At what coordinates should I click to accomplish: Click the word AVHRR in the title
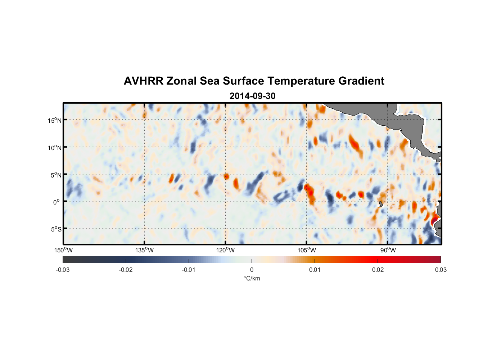click(x=143, y=81)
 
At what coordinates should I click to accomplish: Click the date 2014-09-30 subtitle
click(x=252, y=96)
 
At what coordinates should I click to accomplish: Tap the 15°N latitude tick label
click(x=54, y=120)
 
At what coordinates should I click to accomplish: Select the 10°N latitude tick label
click(x=54, y=148)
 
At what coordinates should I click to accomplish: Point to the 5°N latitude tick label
click(x=56, y=175)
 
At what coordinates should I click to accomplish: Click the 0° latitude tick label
click(x=56, y=202)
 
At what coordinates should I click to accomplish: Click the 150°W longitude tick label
click(x=64, y=250)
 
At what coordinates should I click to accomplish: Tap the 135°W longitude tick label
click(x=144, y=250)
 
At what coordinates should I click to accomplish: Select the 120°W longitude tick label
click(x=226, y=250)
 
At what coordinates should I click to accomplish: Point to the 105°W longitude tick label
click(x=307, y=250)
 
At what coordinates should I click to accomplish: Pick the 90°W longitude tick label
click(x=388, y=250)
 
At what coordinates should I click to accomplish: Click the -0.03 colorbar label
click(x=63, y=270)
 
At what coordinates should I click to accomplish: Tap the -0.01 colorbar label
click(x=188, y=270)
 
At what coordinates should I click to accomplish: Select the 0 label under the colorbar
click(x=252, y=270)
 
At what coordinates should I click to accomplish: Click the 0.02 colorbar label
click(x=378, y=270)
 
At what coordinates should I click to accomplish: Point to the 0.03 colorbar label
click(x=440, y=270)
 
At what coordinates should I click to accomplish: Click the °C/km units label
click(x=252, y=278)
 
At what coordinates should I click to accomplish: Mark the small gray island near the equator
click(x=381, y=204)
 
